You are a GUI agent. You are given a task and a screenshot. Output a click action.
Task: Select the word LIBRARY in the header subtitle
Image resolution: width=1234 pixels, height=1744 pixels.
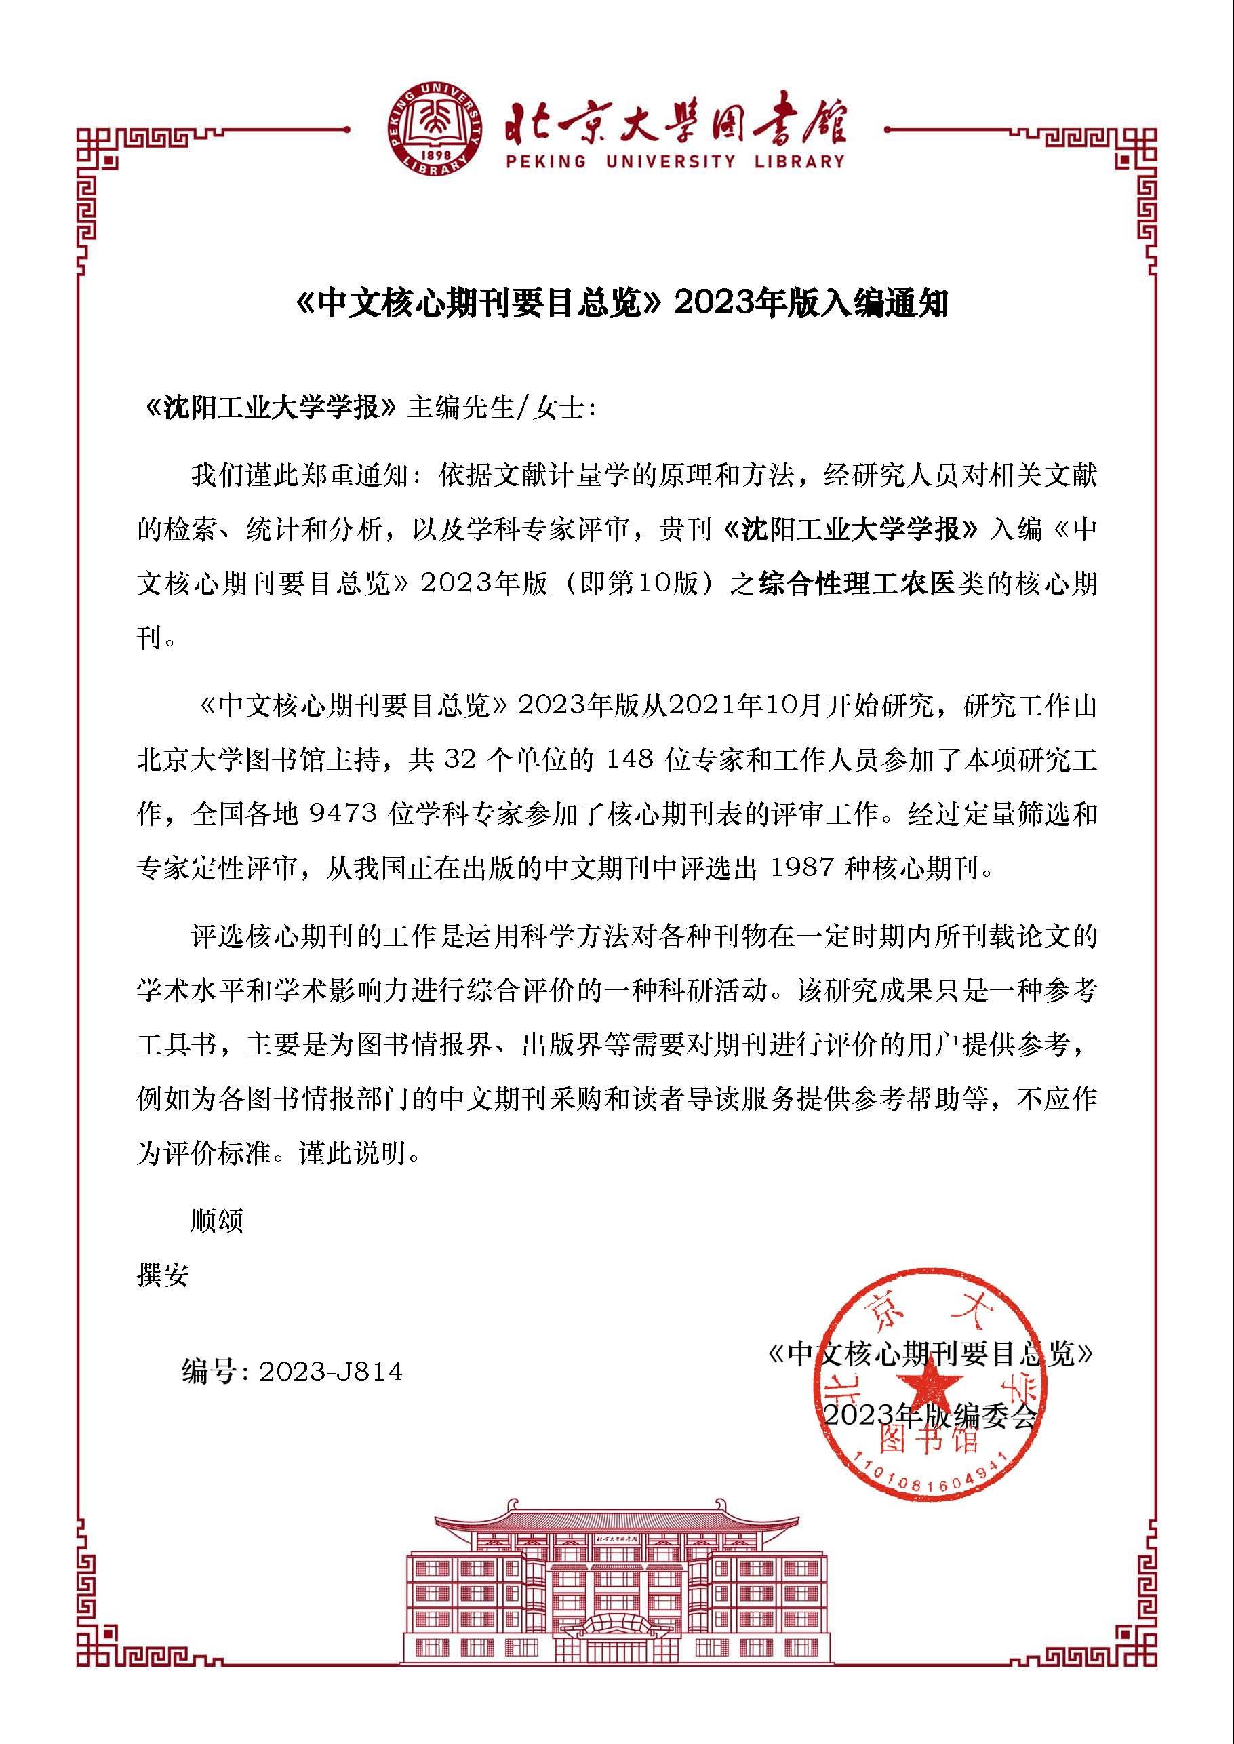tap(799, 162)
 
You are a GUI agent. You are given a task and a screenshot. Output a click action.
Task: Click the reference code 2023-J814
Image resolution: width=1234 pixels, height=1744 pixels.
tap(331, 1372)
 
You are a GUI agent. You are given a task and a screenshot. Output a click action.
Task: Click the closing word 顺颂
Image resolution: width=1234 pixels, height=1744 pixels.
tap(216, 1221)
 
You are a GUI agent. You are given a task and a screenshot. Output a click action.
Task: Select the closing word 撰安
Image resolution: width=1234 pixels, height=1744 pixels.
tap(163, 1275)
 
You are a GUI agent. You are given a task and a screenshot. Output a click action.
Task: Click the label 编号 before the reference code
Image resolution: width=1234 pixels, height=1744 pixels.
tap(208, 1372)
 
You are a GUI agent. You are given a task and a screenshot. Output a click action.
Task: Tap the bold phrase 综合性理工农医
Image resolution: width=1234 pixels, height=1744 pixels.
tap(856, 584)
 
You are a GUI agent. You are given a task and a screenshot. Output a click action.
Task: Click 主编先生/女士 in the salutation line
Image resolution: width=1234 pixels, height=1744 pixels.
tap(502, 408)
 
